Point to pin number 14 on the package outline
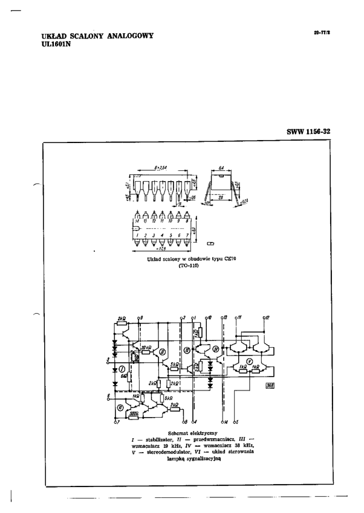coord(138,221)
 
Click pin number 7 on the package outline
coord(187,235)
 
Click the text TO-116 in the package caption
coord(184,266)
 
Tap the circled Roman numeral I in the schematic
coord(122,368)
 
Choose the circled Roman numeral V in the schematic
coord(249,360)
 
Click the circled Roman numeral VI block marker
coord(120,407)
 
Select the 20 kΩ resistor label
coord(145,348)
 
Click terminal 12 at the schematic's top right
coord(267,317)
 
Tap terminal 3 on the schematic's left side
coord(108,359)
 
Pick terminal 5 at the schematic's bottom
coord(236,422)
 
